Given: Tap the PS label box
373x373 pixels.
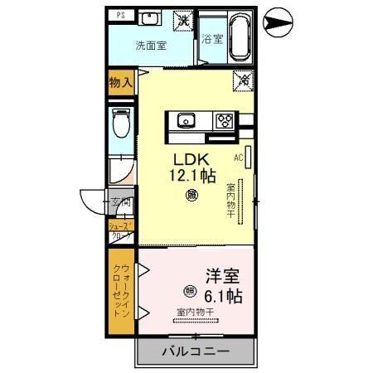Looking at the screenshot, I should point(121,15).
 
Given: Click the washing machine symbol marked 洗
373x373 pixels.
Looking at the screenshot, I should point(182,19).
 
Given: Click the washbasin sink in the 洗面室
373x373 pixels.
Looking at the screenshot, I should point(149,18).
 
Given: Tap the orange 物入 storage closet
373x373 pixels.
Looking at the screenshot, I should point(121,82).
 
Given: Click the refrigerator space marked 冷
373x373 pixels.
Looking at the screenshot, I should point(244,80).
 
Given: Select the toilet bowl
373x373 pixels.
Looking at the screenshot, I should point(121,125).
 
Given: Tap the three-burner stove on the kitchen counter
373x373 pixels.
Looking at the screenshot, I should point(225,119).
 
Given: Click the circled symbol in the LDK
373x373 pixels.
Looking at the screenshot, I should point(193,196).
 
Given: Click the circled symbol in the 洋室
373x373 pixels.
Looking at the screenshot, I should point(190,291).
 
